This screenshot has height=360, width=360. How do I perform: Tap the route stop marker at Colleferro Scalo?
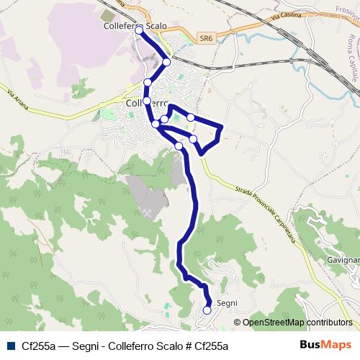(x=139, y=31)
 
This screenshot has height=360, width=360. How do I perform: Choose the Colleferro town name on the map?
(x=148, y=103)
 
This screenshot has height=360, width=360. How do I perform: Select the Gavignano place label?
(x=343, y=259)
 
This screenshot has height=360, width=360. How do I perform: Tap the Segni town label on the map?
(x=227, y=303)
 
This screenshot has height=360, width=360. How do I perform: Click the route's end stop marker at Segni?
(x=207, y=310)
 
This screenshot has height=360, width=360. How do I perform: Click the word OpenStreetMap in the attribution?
(x=274, y=323)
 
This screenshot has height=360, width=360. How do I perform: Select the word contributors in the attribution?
(x=329, y=323)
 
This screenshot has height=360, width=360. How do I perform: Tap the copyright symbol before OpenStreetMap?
(x=238, y=323)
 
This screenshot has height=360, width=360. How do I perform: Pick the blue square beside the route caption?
(x=10, y=346)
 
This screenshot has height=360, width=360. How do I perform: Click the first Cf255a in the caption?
(x=39, y=346)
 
